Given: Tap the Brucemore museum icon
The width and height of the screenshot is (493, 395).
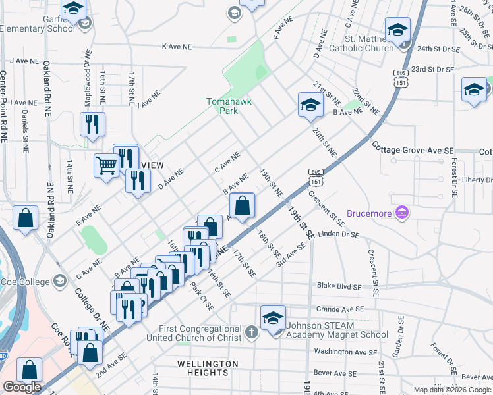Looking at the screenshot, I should tap(402, 212).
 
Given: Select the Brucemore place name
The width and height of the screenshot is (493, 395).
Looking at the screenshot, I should tap(366, 213).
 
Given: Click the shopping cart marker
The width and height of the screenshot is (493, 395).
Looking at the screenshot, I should tap(106, 166).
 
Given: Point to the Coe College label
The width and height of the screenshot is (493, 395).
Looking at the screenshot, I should tap(26, 282).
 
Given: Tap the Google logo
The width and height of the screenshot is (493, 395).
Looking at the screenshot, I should tap(22, 387).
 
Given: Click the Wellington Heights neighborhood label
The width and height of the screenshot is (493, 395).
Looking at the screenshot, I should tap(208, 368).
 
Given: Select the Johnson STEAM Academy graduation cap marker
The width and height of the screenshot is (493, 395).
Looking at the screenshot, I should tap(273, 318).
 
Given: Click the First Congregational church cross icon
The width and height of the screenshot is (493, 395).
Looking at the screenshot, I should tap(251, 332).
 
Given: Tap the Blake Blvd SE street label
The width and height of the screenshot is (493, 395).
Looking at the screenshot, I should tap(339, 287).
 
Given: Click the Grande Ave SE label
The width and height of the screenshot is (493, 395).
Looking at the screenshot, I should tap(340, 308).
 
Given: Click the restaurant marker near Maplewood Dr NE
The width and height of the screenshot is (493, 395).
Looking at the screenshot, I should tap(92, 124).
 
